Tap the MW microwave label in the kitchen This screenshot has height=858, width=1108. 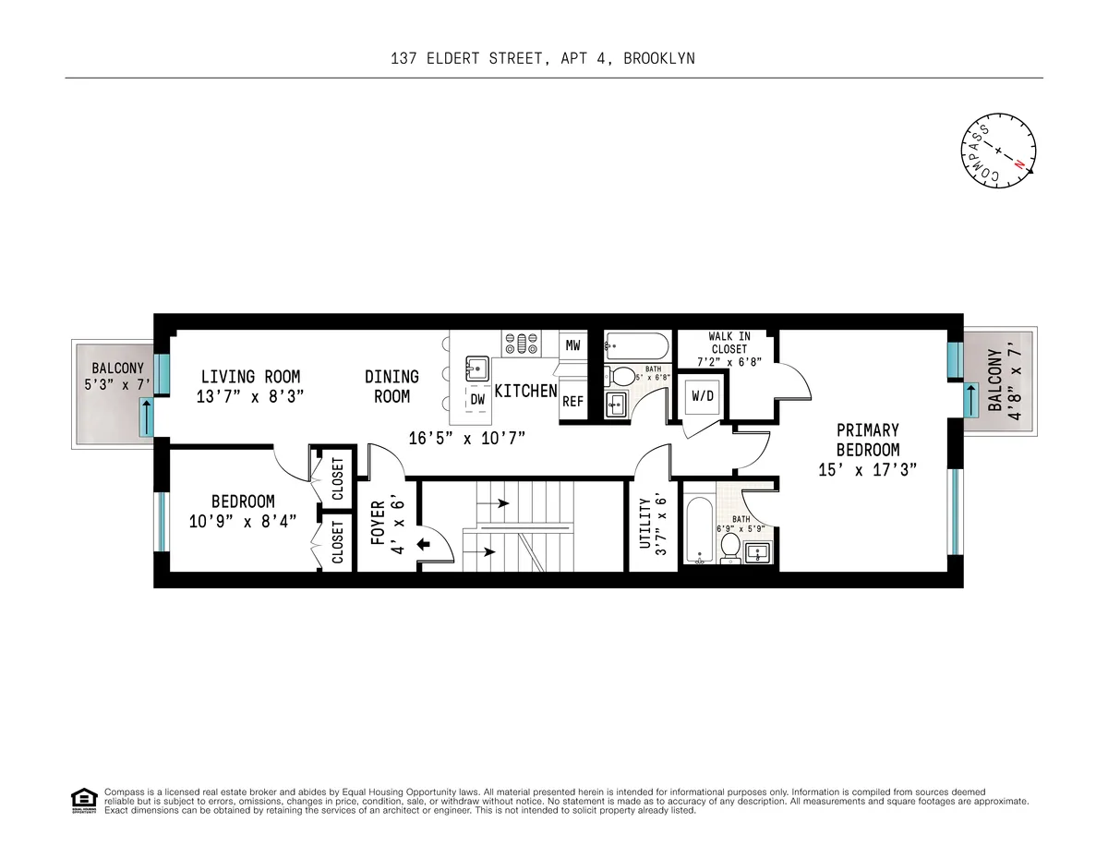pyautogui.click(x=573, y=345)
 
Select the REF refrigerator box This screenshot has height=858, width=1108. pyautogui.click(x=572, y=402)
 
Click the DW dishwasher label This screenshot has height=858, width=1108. pyautogui.click(x=477, y=400)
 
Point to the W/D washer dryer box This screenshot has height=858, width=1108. pyautogui.click(x=702, y=395)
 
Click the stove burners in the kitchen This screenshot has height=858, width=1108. pyautogui.click(x=521, y=344)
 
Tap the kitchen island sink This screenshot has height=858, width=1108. pyautogui.click(x=477, y=368)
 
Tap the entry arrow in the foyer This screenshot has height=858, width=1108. pyautogui.click(x=424, y=544)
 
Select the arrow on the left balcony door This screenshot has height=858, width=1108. pyautogui.click(x=146, y=417)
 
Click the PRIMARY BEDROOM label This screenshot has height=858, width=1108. pyautogui.click(x=867, y=440)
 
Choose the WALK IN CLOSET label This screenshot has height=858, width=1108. pyautogui.click(x=729, y=343)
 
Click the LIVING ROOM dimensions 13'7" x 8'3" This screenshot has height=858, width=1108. pyautogui.click(x=250, y=397)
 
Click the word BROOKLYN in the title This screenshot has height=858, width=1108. pyautogui.click(x=658, y=58)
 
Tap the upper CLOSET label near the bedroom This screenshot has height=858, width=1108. pyautogui.click(x=337, y=478)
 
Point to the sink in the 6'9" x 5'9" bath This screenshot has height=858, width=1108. pyautogui.click(x=758, y=553)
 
